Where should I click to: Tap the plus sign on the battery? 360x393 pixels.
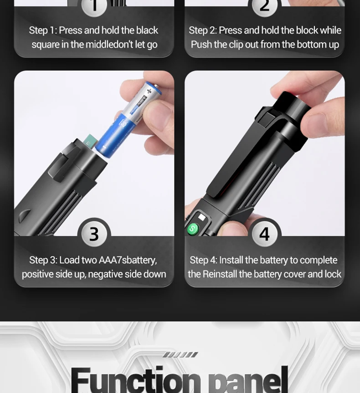(149, 91)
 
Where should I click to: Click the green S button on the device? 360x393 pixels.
(193, 229)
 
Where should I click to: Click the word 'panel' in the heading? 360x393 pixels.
(248, 380)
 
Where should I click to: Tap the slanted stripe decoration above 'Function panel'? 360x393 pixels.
(180, 355)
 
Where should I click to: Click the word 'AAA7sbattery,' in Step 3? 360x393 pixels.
(128, 260)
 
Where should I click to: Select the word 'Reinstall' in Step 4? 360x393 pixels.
(220, 274)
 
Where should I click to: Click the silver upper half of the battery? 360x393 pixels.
(146, 100)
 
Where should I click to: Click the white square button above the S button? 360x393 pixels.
(201, 217)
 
